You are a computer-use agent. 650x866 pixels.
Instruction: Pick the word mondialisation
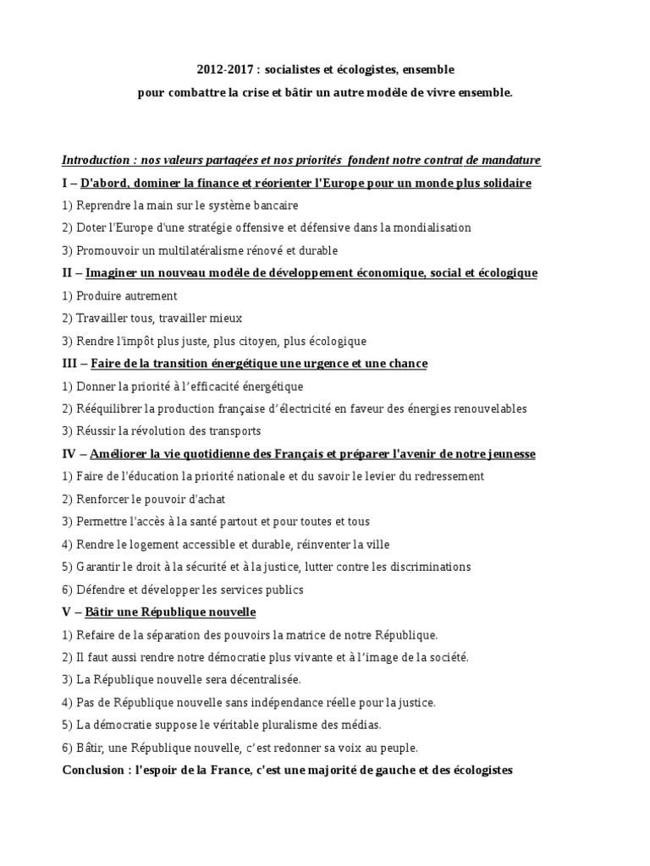428,227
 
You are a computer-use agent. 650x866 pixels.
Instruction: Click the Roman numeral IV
70,454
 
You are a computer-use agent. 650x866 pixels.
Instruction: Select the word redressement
442,476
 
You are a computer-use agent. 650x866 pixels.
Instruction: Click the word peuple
397,748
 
